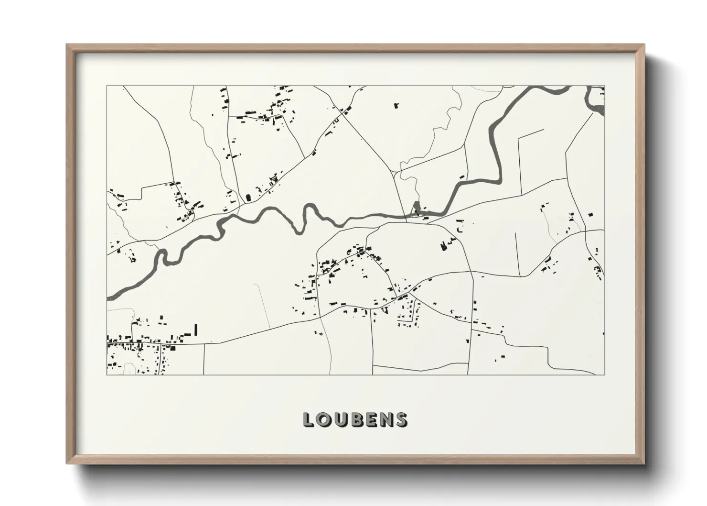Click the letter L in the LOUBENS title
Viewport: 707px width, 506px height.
point(308,419)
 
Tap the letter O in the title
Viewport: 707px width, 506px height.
point(323,419)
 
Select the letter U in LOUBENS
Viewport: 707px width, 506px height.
point(340,419)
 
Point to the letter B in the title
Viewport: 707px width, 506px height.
point(355,419)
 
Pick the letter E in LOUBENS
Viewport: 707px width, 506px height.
point(370,419)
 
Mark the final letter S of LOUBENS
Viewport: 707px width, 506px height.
point(400,419)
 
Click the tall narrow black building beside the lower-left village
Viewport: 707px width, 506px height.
point(195,330)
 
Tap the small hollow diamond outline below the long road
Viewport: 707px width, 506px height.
point(321,333)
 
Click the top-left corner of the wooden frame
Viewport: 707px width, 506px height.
point(67,45)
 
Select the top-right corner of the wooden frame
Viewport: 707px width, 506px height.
point(643,45)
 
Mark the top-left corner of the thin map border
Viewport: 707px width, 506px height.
point(107,86)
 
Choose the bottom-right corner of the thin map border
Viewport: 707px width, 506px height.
point(604,374)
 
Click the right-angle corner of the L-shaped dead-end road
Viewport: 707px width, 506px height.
point(519,138)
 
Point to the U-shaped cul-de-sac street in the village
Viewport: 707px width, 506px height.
point(408,313)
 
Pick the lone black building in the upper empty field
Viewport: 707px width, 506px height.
point(396,106)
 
